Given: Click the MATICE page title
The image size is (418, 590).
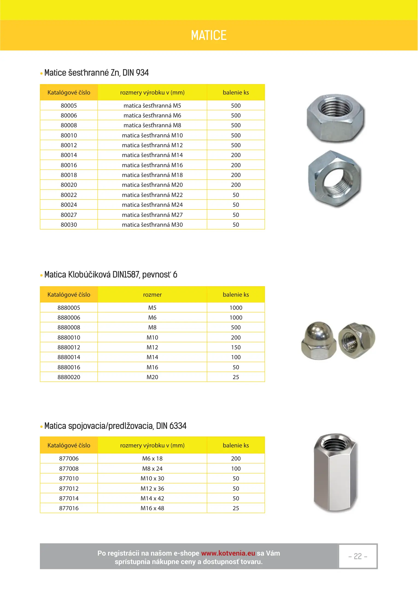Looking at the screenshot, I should click(x=209, y=35).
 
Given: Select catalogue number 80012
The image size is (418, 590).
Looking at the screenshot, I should click(x=69, y=145).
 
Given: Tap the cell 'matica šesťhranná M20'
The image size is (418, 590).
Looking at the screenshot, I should click(x=152, y=185).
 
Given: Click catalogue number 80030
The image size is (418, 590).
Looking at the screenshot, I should click(x=69, y=225).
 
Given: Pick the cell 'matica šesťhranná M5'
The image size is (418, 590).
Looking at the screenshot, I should click(x=152, y=106).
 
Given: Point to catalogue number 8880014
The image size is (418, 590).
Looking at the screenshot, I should click(x=69, y=357).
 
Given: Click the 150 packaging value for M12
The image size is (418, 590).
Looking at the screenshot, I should click(x=236, y=347).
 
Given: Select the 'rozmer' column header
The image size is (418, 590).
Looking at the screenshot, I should click(x=152, y=295).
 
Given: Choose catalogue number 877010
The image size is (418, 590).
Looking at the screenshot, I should click(x=69, y=479).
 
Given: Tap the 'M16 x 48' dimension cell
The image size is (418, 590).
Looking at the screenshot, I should click(x=152, y=508).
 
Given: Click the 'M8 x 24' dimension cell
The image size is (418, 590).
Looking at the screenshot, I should click(x=152, y=469).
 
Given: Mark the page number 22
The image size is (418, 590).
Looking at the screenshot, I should click(x=358, y=556).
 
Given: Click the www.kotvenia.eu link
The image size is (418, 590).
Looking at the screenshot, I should click(x=228, y=553).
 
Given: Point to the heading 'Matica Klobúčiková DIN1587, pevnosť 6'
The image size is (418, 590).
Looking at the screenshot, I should click(x=111, y=275).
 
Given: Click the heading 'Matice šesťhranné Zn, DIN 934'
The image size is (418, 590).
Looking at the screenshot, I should click(x=96, y=73).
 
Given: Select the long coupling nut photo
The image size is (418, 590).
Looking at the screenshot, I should click(x=335, y=473).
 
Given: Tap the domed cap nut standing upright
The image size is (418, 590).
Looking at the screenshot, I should click(x=318, y=341).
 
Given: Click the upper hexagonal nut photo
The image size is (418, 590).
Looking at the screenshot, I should click(x=335, y=118).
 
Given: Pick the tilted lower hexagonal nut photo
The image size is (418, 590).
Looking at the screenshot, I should click(x=335, y=179).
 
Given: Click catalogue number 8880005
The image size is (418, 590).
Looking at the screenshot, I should click(x=69, y=308).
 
